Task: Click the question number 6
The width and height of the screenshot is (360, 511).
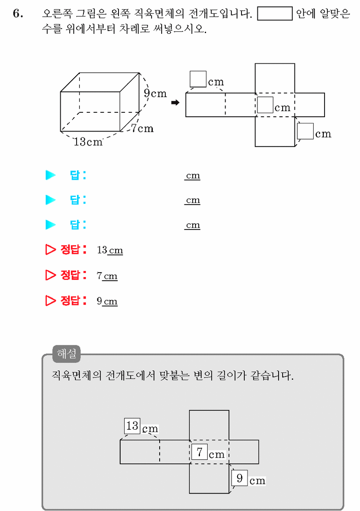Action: click(18, 13)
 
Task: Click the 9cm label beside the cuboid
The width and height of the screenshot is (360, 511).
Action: click(155, 93)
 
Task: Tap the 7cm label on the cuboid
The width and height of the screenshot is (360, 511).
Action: click(142, 129)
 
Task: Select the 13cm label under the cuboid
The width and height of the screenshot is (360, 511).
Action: click(88, 142)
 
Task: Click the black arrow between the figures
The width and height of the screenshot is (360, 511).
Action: click(176, 103)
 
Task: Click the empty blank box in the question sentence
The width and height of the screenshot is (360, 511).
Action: click(274, 13)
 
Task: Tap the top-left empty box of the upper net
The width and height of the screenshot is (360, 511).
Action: click(198, 79)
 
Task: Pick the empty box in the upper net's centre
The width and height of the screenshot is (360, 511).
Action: click(265, 105)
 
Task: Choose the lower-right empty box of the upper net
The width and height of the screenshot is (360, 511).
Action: click(305, 131)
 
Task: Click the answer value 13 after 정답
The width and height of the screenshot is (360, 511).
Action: click(102, 250)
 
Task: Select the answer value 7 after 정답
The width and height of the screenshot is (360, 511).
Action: click(99, 275)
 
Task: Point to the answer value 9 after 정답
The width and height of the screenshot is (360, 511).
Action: click(99, 301)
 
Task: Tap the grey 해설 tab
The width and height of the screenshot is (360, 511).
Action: click(66, 354)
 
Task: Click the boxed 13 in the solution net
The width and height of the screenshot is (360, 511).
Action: click(132, 426)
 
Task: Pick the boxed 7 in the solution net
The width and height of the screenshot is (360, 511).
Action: click(199, 452)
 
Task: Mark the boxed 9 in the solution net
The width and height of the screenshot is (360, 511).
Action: click(239, 478)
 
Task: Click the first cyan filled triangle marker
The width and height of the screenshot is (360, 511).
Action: click(50, 175)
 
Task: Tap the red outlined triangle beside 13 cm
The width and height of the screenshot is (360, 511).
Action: click(50, 249)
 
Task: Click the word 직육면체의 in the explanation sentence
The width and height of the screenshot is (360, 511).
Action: click(77, 375)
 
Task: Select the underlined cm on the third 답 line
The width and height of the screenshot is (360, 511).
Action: click(193, 225)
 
